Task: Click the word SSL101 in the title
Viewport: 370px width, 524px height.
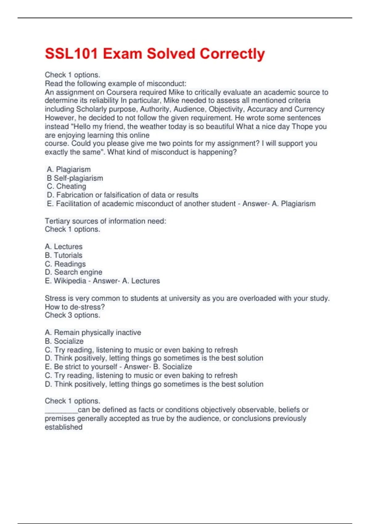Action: coord(71,54)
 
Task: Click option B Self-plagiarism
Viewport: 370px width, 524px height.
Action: coord(75,178)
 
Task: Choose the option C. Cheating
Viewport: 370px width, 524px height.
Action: coord(67,186)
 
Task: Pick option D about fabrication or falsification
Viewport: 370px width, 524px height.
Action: coord(122,195)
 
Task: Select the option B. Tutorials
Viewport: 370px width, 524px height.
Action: coord(64,255)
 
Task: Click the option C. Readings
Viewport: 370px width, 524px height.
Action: coord(65,264)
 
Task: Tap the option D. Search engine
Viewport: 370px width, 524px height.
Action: coord(73,272)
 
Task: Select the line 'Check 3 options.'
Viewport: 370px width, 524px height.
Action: coord(72,315)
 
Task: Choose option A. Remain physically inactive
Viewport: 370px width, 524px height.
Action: coord(93,332)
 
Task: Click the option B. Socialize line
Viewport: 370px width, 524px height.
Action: coord(64,341)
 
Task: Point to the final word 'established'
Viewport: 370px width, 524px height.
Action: coord(64,427)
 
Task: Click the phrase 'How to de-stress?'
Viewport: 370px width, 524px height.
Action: coord(75,307)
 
